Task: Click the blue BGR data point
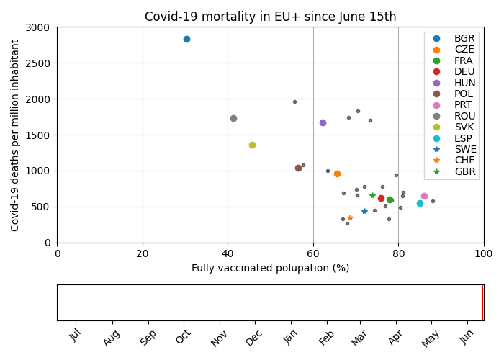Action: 186,39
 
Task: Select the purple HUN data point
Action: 323,122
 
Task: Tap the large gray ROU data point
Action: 233,118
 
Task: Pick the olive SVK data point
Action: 252,145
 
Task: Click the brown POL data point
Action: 298,168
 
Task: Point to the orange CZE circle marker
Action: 337,174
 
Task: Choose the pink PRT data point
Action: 424,196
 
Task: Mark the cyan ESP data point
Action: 420,203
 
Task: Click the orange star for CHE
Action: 350,217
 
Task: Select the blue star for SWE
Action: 364,211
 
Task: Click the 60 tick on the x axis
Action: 313,253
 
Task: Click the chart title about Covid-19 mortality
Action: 270,17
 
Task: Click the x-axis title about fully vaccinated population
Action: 270,268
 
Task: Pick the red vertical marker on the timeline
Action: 482,302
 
